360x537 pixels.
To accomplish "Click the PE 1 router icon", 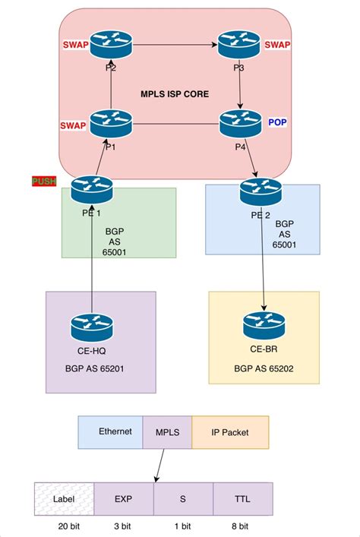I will (91, 187).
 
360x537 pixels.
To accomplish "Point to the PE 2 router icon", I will (261, 190).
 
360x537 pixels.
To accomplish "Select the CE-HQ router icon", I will (91, 327).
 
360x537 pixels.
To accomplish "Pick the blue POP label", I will (278, 122).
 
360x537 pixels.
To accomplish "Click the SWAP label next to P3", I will (277, 45).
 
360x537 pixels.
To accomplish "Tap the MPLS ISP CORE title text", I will (175, 94).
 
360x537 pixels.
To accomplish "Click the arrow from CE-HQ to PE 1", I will (91, 258).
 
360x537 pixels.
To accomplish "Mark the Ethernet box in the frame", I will (111, 431).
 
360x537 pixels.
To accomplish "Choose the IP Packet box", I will (230, 431).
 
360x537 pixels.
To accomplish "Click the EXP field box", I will (124, 501).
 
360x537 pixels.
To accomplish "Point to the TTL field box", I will (242, 501).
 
